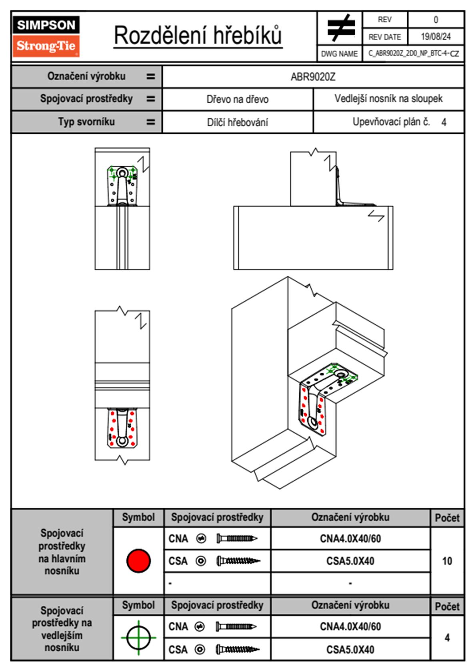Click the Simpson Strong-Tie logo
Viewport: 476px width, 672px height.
point(46,36)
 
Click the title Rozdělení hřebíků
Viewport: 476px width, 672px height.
point(198,35)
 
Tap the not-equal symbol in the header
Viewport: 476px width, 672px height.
point(340,28)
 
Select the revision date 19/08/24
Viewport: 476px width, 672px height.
point(436,37)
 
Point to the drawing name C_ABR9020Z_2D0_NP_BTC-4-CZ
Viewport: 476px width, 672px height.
point(413,54)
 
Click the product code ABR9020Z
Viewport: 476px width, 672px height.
point(313,77)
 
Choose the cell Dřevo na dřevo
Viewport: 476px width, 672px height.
point(237,99)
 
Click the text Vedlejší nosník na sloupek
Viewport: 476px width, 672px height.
point(388,99)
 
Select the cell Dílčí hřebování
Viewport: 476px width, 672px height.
point(237,122)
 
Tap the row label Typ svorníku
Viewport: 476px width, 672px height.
point(86,122)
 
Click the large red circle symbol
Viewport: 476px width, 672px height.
point(138,561)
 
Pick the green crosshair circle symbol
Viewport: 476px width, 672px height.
point(138,638)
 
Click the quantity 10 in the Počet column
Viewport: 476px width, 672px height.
point(447,561)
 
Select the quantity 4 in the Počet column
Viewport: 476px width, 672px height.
point(447,638)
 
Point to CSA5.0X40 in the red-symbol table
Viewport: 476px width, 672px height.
point(350,561)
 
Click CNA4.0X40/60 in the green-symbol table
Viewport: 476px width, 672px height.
point(350,626)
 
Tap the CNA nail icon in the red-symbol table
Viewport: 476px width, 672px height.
point(237,539)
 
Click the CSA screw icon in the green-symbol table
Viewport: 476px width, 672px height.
point(238,650)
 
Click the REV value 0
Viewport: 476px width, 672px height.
point(436,20)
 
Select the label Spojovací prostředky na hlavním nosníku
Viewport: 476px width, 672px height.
point(62,552)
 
